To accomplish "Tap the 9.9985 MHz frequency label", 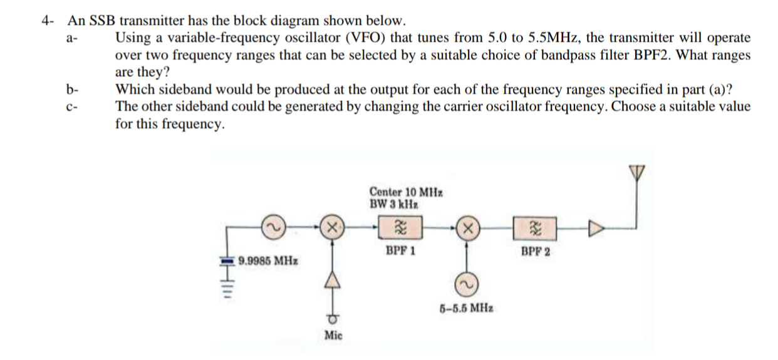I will (x=268, y=259).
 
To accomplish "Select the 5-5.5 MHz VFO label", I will (x=465, y=308).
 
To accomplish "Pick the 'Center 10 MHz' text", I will (x=403, y=192).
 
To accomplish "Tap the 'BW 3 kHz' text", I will (x=394, y=203).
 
